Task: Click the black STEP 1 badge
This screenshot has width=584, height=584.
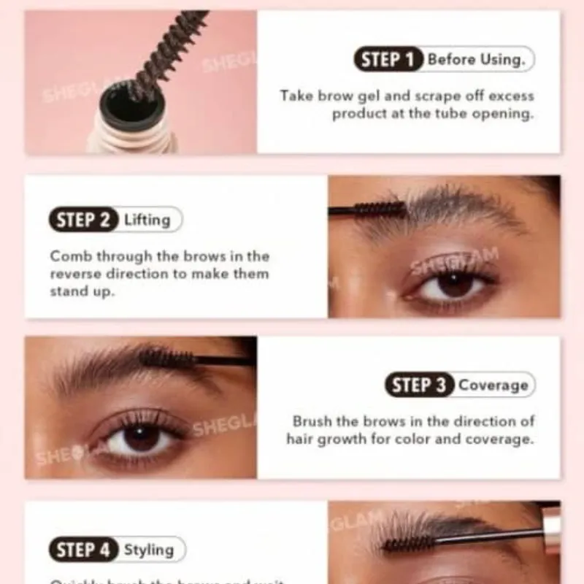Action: click(389, 59)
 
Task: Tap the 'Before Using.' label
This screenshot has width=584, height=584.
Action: click(476, 59)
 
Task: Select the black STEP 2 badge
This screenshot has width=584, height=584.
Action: click(83, 220)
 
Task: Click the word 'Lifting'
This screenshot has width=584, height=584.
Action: click(148, 220)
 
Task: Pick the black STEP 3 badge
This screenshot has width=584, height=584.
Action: click(420, 385)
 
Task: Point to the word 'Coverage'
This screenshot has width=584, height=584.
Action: click(493, 385)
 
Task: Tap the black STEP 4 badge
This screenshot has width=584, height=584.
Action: click(83, 549)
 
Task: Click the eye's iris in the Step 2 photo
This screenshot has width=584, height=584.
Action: click(455, 284)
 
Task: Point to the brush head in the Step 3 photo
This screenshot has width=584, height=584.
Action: click(167, 358)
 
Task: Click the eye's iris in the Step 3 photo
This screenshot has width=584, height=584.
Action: click(142, 437)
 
